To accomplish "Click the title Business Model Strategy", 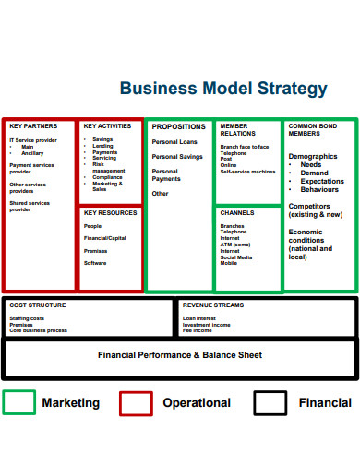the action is [x=223, y=89].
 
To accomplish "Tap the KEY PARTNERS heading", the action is [x=33, y=125].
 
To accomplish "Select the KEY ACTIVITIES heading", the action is [x=107, y=125].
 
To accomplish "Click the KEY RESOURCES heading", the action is [x=110, y=212].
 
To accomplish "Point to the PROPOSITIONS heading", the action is [x=179, y=126].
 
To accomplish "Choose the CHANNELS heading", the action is [x=237, y=212].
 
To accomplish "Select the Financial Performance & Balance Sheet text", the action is [x=180, y=354].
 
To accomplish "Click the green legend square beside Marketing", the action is [x=19, y=402].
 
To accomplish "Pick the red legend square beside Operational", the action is [x=137, y=402].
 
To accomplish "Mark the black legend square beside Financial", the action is [x=270, y=402].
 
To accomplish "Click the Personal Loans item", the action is [x=174, y=142].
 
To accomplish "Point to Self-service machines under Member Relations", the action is [x=247, y=172].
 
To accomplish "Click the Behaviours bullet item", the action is [x=320, y=189].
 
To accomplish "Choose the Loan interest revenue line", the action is [x=199, y=318].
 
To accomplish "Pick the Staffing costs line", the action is [x=27, y=318].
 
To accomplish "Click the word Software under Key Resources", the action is [x=95, y=263].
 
